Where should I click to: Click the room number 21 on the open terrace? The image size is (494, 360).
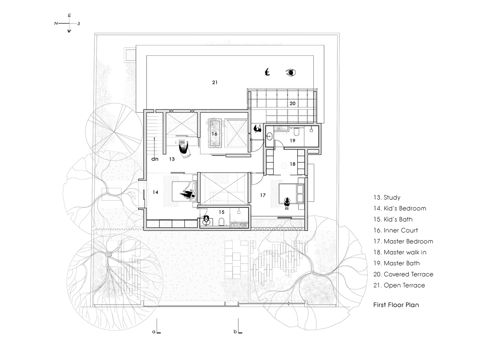[215, 82]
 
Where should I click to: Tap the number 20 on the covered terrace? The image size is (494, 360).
[292, 103]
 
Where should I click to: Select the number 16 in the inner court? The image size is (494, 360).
[214, 134]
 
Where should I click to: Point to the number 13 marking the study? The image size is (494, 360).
[171, 159]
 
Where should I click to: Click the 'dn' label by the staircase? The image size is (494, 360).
[154, 159]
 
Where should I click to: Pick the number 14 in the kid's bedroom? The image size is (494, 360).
[155, 192]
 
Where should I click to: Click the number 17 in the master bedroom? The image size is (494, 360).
[263, 195]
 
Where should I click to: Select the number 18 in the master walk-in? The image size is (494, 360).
[292, 164]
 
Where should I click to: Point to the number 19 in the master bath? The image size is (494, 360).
[292, 140]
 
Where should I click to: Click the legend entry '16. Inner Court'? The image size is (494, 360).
[395, 230]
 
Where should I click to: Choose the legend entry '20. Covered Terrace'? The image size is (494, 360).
[403, 274]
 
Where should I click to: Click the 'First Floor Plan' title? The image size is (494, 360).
[396, 305]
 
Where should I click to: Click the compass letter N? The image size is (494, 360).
[56, 23]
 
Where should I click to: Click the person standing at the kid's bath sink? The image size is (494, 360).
[206, 220]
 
